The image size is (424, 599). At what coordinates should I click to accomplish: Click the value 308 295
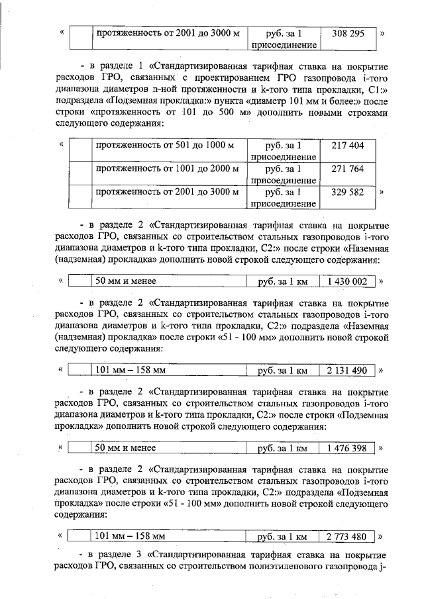coord(348,33)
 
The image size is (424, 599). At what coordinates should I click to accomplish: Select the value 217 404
coord(348,145)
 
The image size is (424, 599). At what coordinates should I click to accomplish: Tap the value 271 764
coord(348,169)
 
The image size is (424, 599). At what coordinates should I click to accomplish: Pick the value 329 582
coord(348,193)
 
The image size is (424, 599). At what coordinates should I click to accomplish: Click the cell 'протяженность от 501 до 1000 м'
coord(167,145)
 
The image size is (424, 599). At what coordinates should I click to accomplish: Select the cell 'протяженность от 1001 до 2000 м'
coord(167,169)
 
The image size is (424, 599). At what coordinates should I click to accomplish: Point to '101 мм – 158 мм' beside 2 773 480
coord(130,536)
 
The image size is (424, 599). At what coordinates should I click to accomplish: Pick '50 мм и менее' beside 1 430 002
coord(126,281)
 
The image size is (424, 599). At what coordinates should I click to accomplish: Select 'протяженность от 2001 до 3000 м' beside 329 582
coord(167,193)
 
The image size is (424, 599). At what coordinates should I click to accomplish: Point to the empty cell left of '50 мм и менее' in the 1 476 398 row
coord(80,448)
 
